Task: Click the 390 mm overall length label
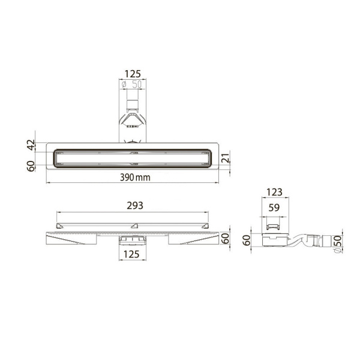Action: click(x=135, y=177)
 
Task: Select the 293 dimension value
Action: click(x=135, y=205)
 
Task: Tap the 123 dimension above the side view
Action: click(x=275, y=192)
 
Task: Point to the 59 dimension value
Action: click(x=274, y=208)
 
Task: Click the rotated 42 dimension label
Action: click(x=31, y=145)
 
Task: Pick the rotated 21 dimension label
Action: click(x=226, y=158)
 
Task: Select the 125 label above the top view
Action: click(x=133, y=74)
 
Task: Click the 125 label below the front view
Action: click(x=131, y=254)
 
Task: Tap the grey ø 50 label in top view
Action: click(x=131, y=85)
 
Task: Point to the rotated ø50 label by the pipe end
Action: click(x=338, y=244)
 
